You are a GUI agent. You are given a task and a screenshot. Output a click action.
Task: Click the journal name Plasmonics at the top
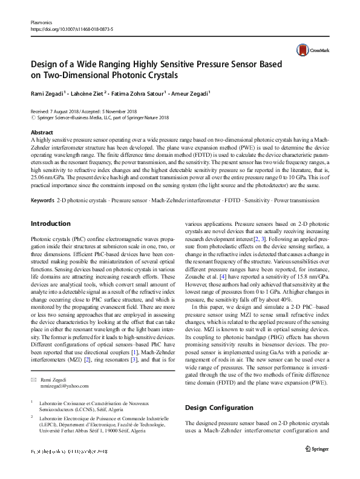tap(42, 21)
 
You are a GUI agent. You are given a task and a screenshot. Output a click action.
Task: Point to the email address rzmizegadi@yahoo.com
tap(64, 386)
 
